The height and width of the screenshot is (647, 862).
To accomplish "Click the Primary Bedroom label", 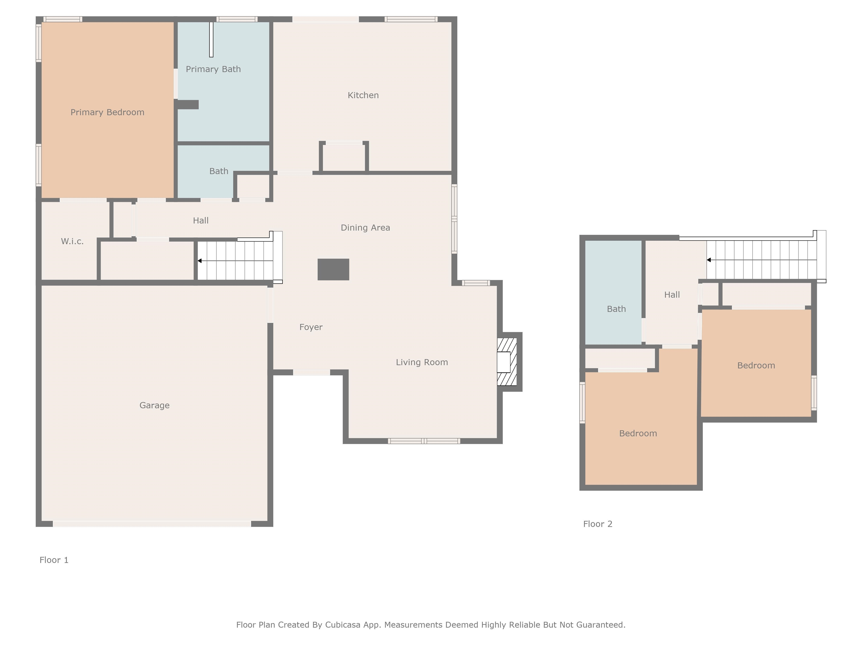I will coord(107,112).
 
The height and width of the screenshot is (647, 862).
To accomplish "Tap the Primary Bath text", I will coord(213,69).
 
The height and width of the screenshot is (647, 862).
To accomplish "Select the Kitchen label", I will coord(363,95).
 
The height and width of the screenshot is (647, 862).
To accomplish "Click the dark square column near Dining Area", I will coord(333,270).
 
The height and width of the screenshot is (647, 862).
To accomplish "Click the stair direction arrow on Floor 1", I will coord(200,261).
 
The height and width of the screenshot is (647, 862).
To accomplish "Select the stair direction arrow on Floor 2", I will coord(709,260).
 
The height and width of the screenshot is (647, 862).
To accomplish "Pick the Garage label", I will coord(154,405).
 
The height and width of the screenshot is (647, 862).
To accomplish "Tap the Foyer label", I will coord(311,327).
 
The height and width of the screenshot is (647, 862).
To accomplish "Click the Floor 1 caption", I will coord(54,560).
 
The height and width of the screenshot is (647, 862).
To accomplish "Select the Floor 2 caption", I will coord(597,524).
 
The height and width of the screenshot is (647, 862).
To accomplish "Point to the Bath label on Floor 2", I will coord(616,309).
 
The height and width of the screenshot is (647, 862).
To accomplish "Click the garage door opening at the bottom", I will coord(152,524).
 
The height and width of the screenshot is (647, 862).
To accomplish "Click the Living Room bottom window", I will coord(424,441).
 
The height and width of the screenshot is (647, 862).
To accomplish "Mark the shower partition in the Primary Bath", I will coord(211,39).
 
